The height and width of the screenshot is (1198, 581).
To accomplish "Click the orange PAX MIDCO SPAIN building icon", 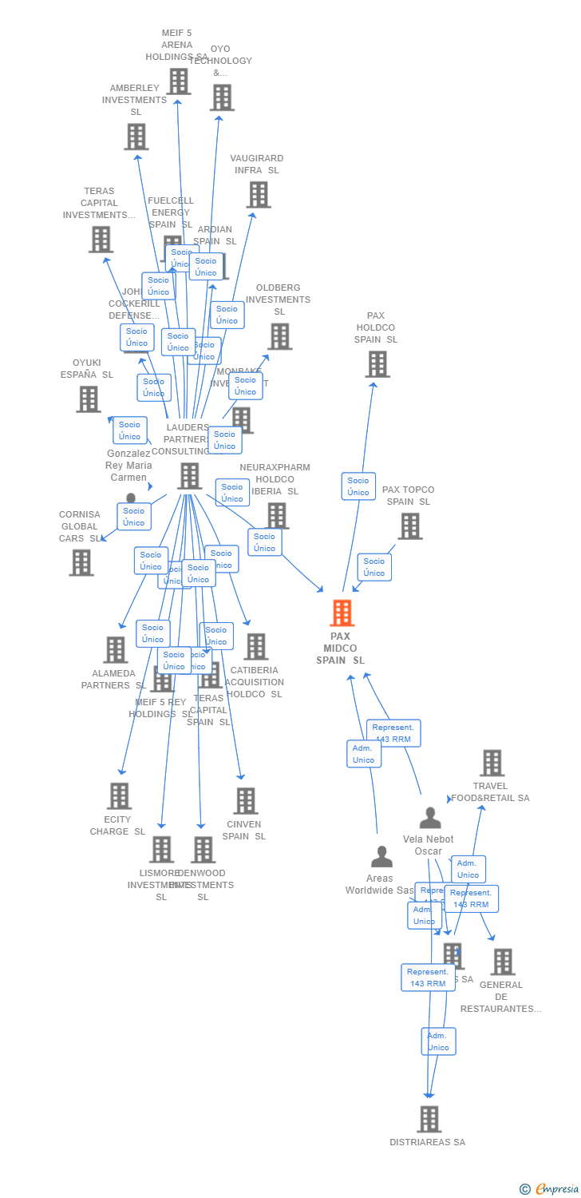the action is click(x=342, y=613).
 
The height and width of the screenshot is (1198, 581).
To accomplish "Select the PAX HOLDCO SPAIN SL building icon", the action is click(x=377, y=364).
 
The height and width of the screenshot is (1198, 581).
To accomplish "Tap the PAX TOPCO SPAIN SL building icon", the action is click(x=409, y=526).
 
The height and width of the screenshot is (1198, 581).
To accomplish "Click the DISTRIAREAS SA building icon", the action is click(x=429, y=1119).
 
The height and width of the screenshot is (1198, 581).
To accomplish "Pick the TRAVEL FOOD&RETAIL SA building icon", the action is click(x=492, y=763).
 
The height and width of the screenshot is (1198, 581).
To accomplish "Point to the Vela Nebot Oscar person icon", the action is click(x=430, y=819).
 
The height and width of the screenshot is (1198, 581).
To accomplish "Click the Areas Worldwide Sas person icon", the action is click(x=381, y=857).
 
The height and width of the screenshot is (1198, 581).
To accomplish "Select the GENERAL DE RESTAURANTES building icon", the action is click(x=502, y=962).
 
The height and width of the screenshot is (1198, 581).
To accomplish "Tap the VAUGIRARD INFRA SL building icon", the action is click(x=258, y=194).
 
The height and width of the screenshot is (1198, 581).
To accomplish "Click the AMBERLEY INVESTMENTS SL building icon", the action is click(x=136, y=137).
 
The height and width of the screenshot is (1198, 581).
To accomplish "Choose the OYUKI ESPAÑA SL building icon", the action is click(x=88, y=399).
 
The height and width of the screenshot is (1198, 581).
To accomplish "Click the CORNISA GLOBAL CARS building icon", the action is click(x=81, y=562).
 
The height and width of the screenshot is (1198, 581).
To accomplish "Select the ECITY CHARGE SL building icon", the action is click(x=119, y=795).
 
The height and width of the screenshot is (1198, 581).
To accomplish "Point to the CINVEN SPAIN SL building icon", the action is click(x=245, y=800).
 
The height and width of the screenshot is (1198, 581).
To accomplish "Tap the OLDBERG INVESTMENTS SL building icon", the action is click(x=279, y=336).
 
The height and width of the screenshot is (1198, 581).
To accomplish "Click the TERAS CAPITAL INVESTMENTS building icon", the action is click(x=101, y=239).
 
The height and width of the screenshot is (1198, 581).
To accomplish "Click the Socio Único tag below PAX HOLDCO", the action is click(x=358, y=486).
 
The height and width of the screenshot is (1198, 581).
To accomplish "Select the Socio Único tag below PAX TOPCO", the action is click(x=374, y=567).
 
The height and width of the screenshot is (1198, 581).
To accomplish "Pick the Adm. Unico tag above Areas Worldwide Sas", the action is click(x=364, y=754).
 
